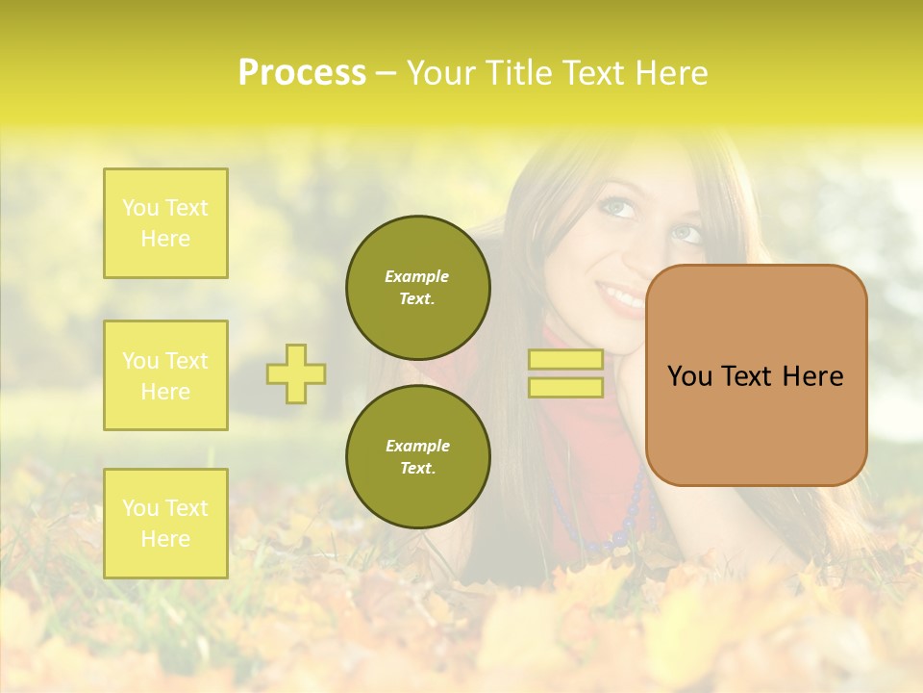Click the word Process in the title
[x=302, y=73]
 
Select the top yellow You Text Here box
[x=165, y=223]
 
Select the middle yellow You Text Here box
[x=165, y=375]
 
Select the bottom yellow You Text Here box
[x=165, y=523]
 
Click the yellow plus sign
[x=296, y=373]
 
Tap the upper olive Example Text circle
[x=418, y=287]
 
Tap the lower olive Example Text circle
[x=418, y=456]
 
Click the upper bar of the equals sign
[x=565, y=359]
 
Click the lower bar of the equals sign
[x=565, y=388]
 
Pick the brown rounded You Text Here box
[x=757, y=375]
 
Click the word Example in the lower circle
[x=417, y=446]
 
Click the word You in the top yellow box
[x=140, y=208]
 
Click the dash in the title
[x=386, y=73]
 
